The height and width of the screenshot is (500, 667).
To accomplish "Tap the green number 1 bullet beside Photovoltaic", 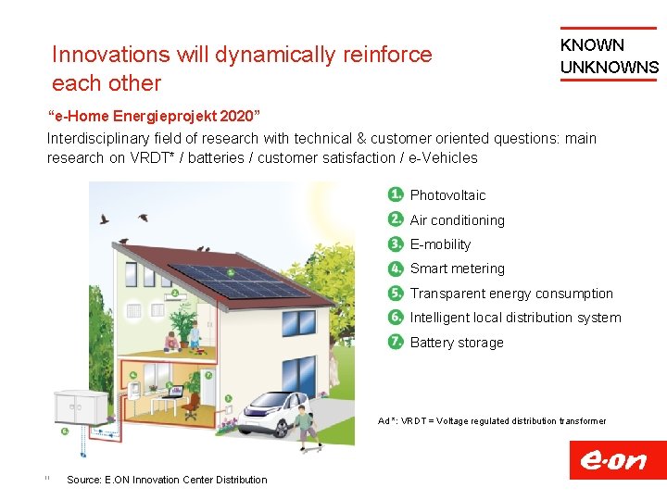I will coord(396,194).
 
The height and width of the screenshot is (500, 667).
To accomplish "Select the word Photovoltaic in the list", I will coord(447,195).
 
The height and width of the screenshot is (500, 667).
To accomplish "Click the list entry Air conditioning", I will coord(457,220).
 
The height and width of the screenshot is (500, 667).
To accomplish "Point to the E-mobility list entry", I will coord(440,244).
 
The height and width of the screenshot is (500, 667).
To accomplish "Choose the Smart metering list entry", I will coord(457,269).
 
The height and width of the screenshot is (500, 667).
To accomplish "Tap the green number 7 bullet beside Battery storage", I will coord(396,342).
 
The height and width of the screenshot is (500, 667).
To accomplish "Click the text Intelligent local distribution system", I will coord(515,318).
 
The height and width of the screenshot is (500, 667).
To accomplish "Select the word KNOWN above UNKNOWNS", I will coord(592,45).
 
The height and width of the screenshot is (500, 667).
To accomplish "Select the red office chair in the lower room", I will coord(191,407).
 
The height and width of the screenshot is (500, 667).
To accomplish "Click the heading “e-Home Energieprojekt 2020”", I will coord(154,118).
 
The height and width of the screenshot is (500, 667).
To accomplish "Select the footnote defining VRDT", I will coord(491,421).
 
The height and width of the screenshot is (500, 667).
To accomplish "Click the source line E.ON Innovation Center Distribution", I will coord(167,480).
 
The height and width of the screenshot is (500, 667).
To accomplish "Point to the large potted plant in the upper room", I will coord(182,325).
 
